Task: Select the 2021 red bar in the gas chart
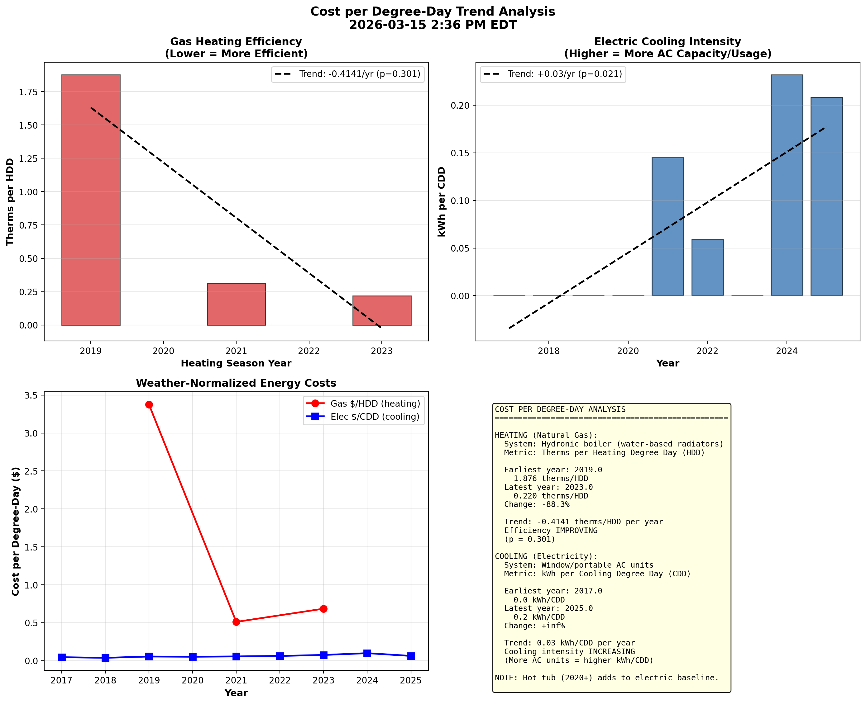(236, 304)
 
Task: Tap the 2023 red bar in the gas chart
(382, 311)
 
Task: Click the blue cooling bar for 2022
(707, 268)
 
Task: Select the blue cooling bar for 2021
(667, 227)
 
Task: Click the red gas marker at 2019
(149, 405)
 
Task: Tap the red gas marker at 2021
(236, 622)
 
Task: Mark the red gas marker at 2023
(323, 609)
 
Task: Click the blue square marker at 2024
(367, 653)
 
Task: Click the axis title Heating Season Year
(236, 363)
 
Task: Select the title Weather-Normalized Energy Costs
(236, 383)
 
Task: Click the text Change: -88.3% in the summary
(537, 504)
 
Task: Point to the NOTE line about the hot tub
(606, 678)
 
